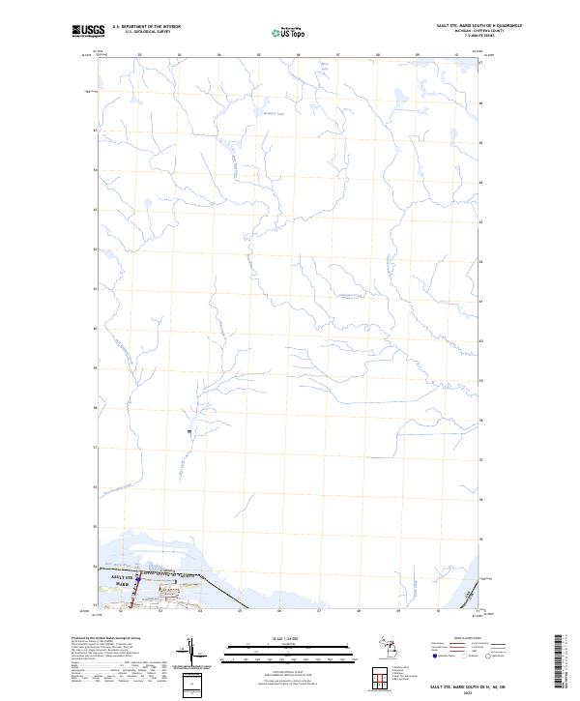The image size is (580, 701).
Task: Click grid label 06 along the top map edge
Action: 299,54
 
